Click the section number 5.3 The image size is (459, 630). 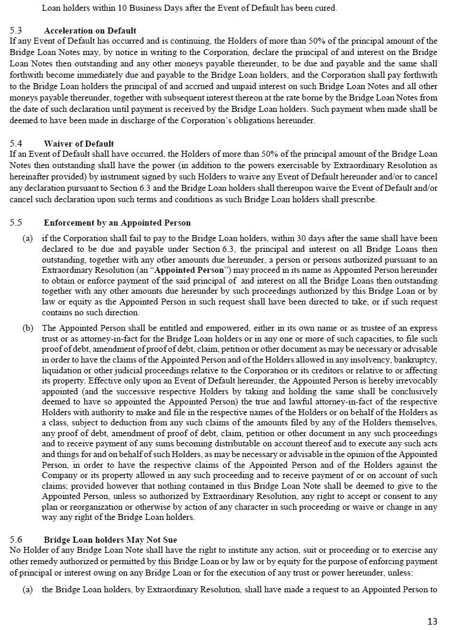(x=16, y=30)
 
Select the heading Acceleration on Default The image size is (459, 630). (x=90, y=30)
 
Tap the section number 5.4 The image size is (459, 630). (x=16, y=144)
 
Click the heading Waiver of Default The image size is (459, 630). (x=78, y=144)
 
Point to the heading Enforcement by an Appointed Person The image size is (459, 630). (x=117, y=223)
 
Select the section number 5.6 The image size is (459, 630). (x=16, y=539)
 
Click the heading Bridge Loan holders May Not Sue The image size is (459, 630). (x=110, y=539)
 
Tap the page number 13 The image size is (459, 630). (x=432, y=621)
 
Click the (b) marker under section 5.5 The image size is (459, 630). (x=28, y=328)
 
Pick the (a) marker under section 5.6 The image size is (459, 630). (x=28, y=589)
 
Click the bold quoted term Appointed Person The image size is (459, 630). (x=193, y=270)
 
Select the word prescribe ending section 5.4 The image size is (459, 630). (x=358, y=199)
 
